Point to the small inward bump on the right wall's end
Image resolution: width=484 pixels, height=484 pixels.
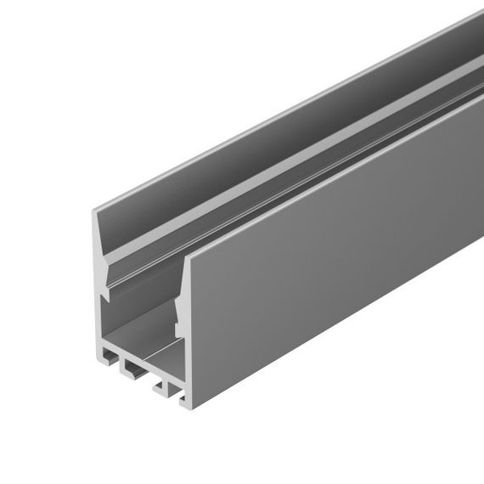coord(177,319)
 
